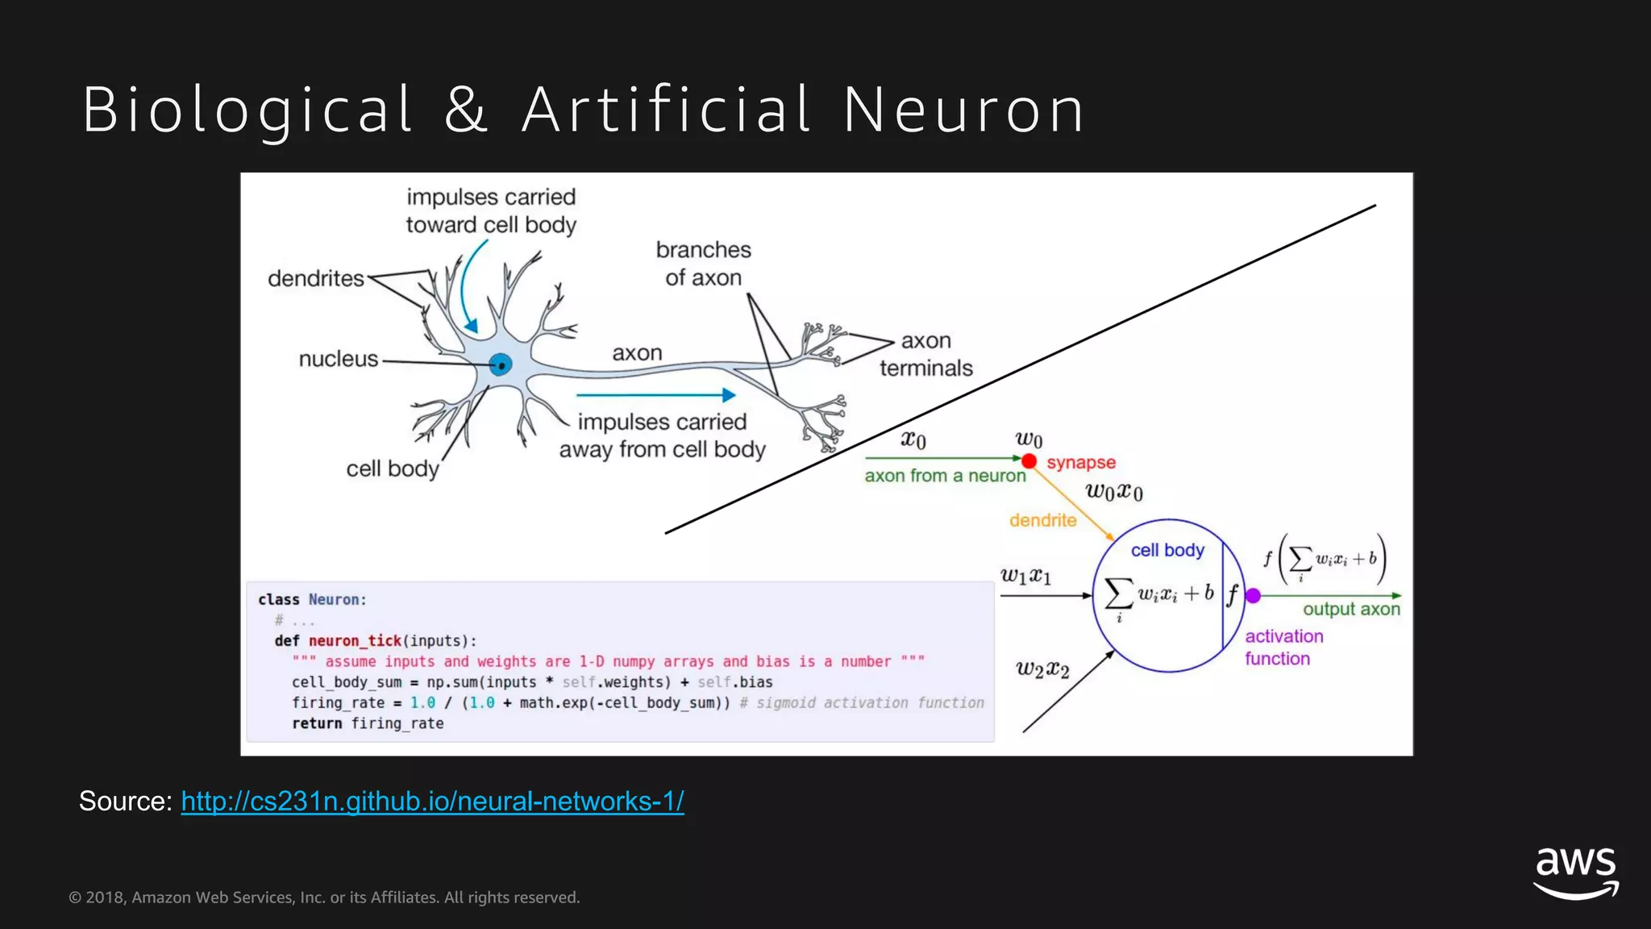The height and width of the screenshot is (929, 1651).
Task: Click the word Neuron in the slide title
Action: (964, 110)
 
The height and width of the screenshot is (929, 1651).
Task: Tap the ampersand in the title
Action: (466, 110)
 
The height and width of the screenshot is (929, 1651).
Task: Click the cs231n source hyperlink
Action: (432, 801)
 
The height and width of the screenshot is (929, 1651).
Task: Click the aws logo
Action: (1575, 871)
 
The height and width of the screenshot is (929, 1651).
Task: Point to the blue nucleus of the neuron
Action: (501, 365)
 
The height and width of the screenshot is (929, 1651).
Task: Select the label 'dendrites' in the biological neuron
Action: (316, 279)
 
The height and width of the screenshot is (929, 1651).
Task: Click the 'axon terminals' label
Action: (925, 355)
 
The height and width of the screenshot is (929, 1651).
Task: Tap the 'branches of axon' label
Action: (703, 264)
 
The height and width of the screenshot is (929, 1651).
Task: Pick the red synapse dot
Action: (1029, 461)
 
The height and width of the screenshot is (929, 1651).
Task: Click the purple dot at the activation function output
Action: (1253, 596)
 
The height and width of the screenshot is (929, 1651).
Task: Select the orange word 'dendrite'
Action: (1042, 521)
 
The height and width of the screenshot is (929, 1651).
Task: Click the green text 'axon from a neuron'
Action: (945, 476)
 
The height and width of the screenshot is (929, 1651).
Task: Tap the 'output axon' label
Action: (1351, 610)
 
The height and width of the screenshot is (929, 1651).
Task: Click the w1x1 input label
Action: (1025, 576)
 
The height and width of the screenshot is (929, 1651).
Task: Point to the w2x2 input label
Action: (1042, 669)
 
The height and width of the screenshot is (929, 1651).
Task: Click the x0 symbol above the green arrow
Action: (913, 440)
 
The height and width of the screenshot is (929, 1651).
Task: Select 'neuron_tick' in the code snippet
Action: (355, 641)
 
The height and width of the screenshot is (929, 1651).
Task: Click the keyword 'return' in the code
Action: (317, 723)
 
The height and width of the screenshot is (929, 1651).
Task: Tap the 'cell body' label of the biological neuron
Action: (392, 469)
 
